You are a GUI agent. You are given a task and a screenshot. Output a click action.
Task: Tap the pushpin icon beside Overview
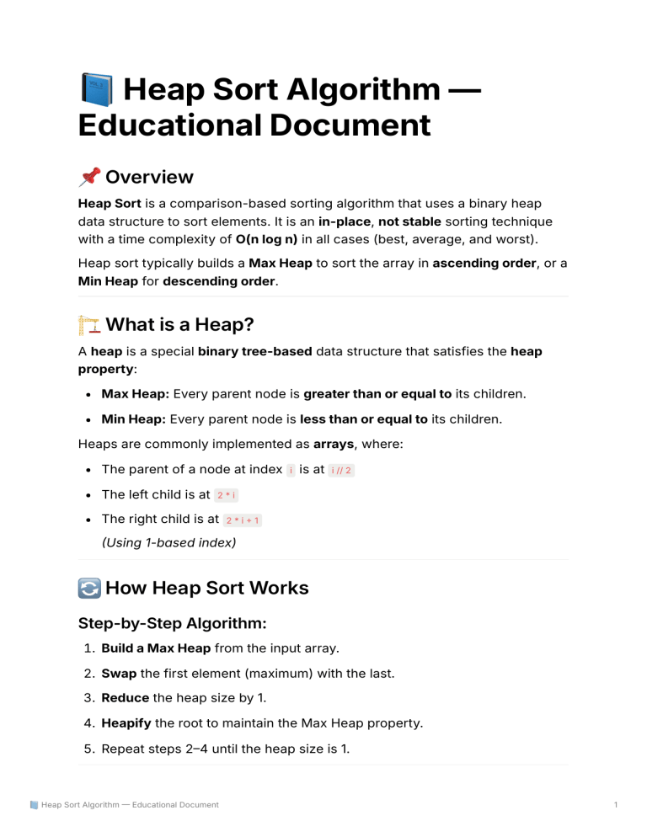pyautogui.click(x=89, y=177)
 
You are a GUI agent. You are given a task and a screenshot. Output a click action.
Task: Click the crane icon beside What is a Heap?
pyautogui.click(x=89, y=325)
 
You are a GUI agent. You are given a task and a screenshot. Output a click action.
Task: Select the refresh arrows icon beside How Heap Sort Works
pyautogui.click(x=89, y=588)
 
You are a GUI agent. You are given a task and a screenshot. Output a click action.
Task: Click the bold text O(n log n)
pyautogui.click(x=266, y=239)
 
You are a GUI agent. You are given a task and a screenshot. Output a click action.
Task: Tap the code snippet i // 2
pyautogui.click(x=341, y=470)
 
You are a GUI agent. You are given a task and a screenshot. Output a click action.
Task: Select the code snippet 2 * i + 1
pyautogui.click(x=243, y=520)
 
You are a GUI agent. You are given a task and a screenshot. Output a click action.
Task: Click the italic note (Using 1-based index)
pyautogui.click(x=168, y=543)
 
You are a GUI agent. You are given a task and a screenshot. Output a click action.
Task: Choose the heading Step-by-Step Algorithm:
pyautogui.click(x=173, y=624)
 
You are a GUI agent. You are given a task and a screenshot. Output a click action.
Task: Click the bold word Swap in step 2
pyautogui.click(x=120, y=673)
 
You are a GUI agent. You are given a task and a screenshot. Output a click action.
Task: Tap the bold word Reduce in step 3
pyautogui.click(x=125, y=698)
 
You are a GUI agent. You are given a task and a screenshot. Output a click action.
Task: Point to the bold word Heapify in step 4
pyautogui.click(x=127, y=722)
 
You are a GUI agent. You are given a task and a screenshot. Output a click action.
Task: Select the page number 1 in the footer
pyautogui.click(x=617, y=805)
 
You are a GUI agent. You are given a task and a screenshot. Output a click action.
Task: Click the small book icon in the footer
pyautogui.click(x=34, y=805)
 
